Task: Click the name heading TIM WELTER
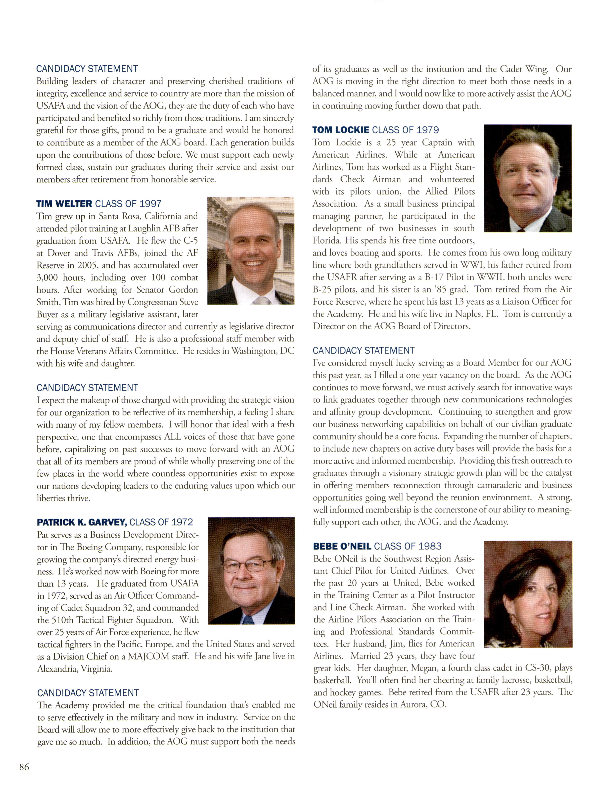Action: [x=64, y=204]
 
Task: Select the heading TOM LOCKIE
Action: [x=341, y=130]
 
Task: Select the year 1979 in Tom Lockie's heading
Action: [x=428, y=130]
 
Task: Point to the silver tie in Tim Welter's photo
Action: [x=262, y=300]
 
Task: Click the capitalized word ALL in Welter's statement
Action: [x=172, y=437]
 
